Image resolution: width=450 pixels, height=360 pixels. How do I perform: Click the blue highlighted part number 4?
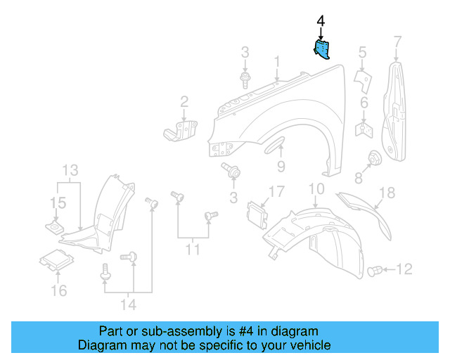[x=323, y=50]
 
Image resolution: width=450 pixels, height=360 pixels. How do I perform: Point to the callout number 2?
[x=184, y=102]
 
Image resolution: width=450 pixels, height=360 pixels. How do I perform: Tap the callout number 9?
[x=281, y=166]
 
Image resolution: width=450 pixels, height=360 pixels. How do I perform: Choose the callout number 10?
[x=316, y=188]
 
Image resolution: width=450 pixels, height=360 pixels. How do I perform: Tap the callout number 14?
[x=127, y=304]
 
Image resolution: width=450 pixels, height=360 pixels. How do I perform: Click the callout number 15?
[x=58, y=203]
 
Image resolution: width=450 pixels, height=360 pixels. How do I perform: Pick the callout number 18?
[x=387, y=193]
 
